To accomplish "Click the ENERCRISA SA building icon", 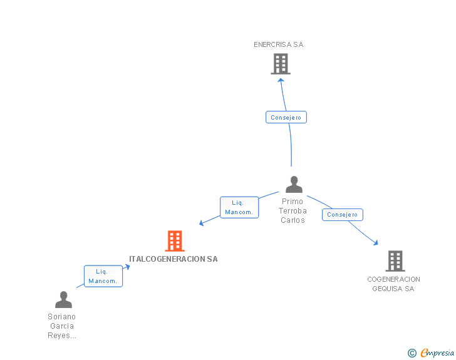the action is (281, 64).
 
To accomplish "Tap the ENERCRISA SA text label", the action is (279, 44).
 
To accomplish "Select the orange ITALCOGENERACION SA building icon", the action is (175, 241).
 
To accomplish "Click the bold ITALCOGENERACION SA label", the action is (174, 259).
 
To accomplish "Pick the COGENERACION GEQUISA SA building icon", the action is (395, 261).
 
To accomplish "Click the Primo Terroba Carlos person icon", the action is (294, 184).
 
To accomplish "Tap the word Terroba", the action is (293, 211).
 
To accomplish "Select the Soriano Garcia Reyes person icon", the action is (63, 299).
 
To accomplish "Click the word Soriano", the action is (61, 317).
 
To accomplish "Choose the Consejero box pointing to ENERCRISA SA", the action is (286, 117).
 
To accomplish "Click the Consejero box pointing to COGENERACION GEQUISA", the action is (343, 215).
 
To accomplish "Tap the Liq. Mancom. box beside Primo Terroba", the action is (239, 207).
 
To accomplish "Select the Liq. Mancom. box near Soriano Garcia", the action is (103, 276).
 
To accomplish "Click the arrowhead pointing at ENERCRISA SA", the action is (281, 81).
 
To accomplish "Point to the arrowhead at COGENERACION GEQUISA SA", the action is (376, 242).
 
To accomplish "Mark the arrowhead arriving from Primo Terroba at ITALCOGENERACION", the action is (201, 223).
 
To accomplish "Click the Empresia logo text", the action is (437, 352).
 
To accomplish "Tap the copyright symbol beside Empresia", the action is (412, 353).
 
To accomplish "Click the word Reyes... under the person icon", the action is (62, 336).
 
